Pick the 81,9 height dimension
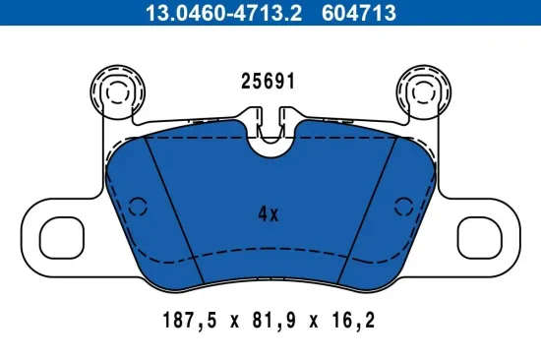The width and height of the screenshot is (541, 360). pos(269,320)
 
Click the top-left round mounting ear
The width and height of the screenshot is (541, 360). pos(115,91)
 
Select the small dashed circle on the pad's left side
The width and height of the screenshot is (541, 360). pos(138,207)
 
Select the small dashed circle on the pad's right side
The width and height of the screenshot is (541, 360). pos(401,207)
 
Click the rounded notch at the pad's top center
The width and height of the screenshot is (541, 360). pos(270,143)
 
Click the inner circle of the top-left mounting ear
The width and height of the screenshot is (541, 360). pos(117,94)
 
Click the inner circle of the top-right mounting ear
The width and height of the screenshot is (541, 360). pos(423,94)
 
